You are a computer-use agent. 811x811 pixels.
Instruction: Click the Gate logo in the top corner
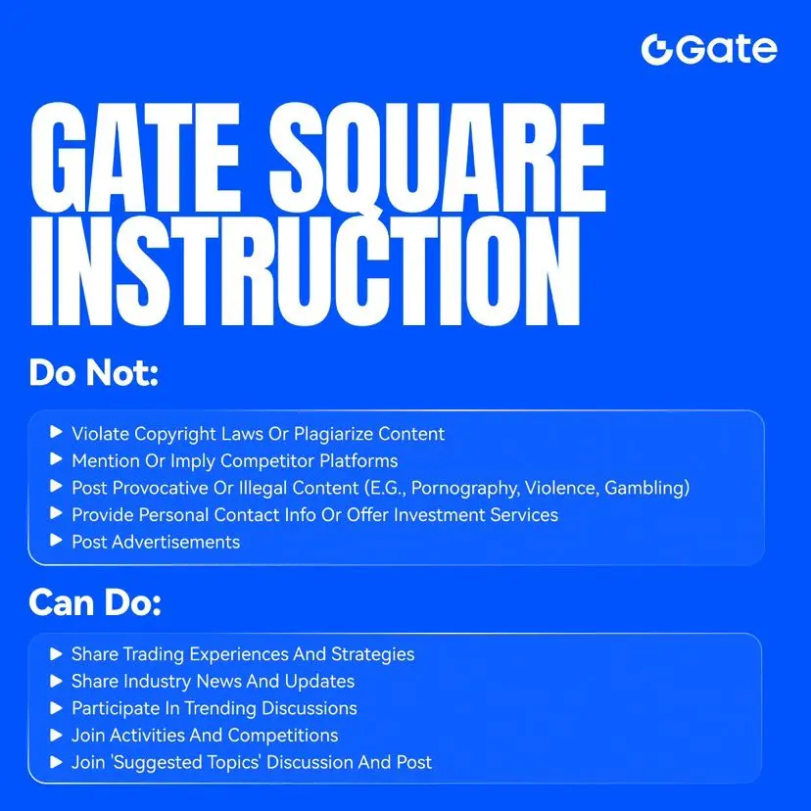pos(708,50)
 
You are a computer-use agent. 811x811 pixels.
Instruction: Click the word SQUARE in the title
pos(437,158)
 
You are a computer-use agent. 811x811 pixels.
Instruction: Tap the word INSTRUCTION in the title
pos(306,271)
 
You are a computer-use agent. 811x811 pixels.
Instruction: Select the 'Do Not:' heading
pos(94,372)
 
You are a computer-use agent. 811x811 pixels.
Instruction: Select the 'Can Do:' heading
pos(95,602)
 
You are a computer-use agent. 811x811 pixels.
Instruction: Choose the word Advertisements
pos(176,542)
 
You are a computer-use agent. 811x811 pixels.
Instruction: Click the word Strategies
pos(372,654)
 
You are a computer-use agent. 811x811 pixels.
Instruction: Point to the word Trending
pos(220,708)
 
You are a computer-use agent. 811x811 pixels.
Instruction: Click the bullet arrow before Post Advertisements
pos(56,541)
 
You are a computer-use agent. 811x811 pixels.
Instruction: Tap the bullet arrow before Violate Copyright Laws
pos(56,432)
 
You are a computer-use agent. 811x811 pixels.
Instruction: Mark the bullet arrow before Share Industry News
pos(56,681)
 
